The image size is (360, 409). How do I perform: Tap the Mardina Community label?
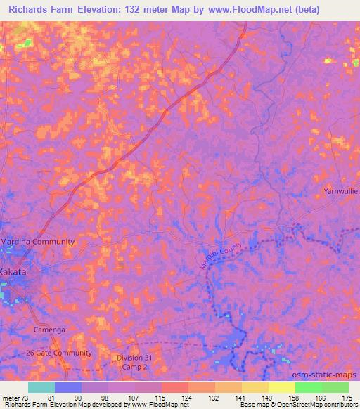pyautogui.click(x=37, y=241)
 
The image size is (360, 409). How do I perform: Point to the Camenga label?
pyautogui.click(x=50, y=329)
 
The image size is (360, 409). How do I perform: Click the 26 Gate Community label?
pyautogui.click(x=58, y=353)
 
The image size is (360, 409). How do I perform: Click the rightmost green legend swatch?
pyautogui.click(x=335, y=387)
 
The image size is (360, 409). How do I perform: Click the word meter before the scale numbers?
pyautogui.click(x=10, y=397)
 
